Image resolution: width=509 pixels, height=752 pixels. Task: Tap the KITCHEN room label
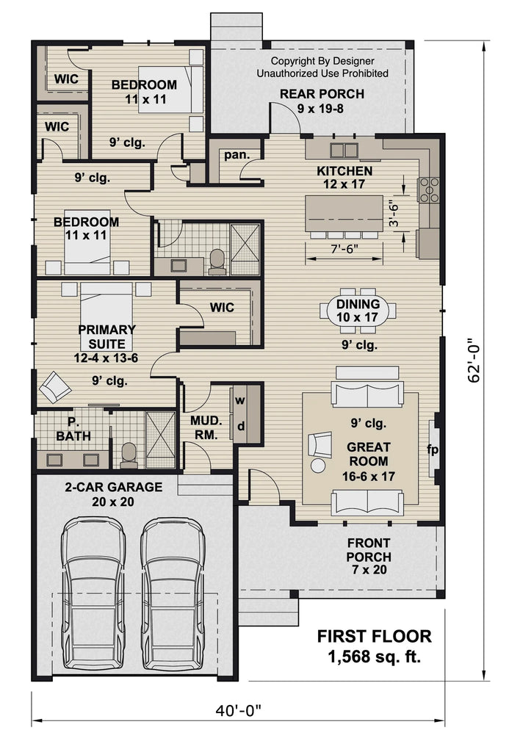344,178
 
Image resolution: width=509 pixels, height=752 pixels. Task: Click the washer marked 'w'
240,401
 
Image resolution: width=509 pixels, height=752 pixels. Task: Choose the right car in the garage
173,593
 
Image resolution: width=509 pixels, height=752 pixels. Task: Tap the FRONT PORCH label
369,555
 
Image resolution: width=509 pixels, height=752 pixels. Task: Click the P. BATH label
73,430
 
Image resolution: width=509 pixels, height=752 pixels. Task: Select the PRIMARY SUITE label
107,343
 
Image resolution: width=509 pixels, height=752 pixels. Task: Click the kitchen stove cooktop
428,189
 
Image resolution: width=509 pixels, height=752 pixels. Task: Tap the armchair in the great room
320,445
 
